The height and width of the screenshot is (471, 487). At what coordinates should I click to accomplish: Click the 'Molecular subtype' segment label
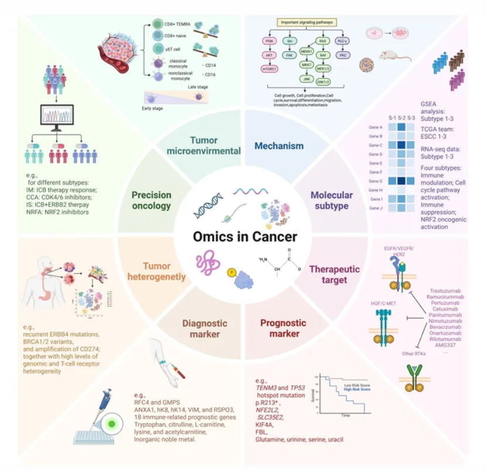331,201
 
